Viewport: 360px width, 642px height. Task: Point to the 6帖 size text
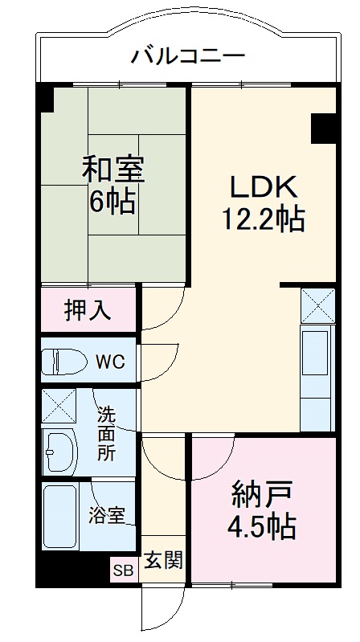tap(112, 201)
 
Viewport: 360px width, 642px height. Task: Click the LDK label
tap(265, 186)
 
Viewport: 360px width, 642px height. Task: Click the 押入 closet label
tap(88, 310)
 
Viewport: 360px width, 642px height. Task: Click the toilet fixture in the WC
tap(63, 361)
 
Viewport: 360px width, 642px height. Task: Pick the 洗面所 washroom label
tap(106, 433)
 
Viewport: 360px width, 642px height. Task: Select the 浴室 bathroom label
tap(106, 515)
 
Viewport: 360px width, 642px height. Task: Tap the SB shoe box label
tap(124, 571)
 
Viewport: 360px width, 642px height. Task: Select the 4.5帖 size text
tap(261, 526)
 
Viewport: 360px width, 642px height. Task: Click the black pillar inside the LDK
tap(323, 127)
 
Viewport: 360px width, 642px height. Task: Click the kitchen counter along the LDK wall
tap(317, 378)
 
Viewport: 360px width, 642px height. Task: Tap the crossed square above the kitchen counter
tap(317, 305)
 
